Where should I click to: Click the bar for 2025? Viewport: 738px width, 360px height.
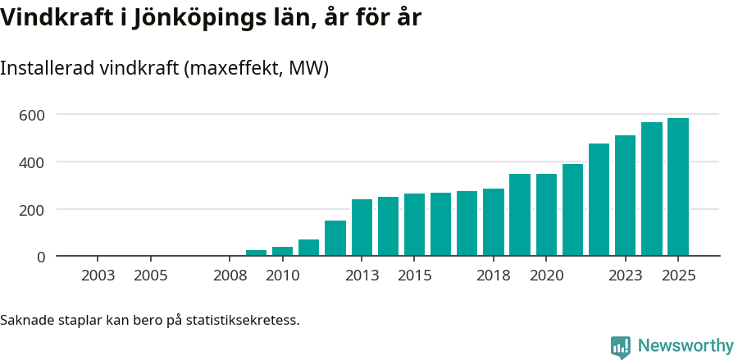click(677, 187)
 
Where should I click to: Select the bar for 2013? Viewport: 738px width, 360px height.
click(362, 227)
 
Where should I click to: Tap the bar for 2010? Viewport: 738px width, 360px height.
click(282, 251)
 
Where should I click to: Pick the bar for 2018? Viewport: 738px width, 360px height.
click(494, 222)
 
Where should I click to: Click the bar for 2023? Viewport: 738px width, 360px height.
click(625, 196)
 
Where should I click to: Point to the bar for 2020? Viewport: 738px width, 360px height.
click(546, 215)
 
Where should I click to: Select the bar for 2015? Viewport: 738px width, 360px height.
click(414, 225)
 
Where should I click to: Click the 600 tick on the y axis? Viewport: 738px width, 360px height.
click(32, 115)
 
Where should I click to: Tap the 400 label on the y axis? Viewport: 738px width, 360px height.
click(32, 162)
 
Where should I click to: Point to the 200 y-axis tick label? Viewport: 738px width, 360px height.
click(32, 210)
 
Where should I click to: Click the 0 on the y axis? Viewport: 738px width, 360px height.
click(40, 257)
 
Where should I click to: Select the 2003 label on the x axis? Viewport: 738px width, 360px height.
click(98, 276)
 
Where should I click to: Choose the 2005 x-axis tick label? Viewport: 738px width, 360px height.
click(151, 276)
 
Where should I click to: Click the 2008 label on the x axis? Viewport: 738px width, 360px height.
click(230, 276)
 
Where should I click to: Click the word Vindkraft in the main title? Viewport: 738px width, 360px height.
click(55, 17)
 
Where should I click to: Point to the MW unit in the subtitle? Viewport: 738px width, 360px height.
click(307, 68)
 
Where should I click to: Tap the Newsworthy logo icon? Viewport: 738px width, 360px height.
click(621, 346)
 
